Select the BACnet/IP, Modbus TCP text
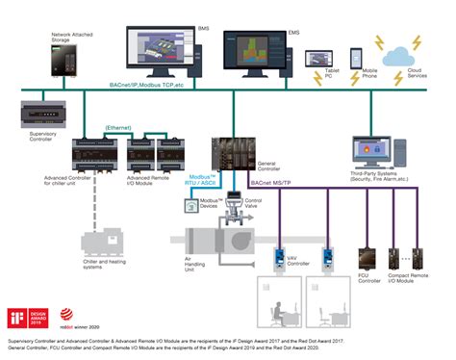pos(145,87)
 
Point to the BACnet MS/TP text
pos(271,182)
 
